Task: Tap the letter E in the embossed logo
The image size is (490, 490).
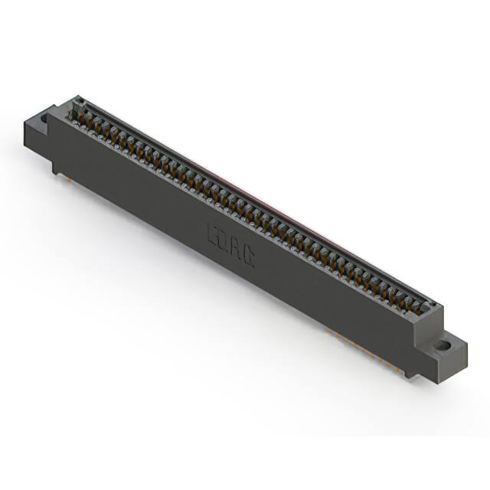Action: (x=213, y=233)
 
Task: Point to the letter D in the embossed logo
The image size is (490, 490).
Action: (x=224, y=240)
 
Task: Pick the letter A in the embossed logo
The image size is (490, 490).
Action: (x=236, y=249)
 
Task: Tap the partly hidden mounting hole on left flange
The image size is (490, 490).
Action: (x=44, y=119)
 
